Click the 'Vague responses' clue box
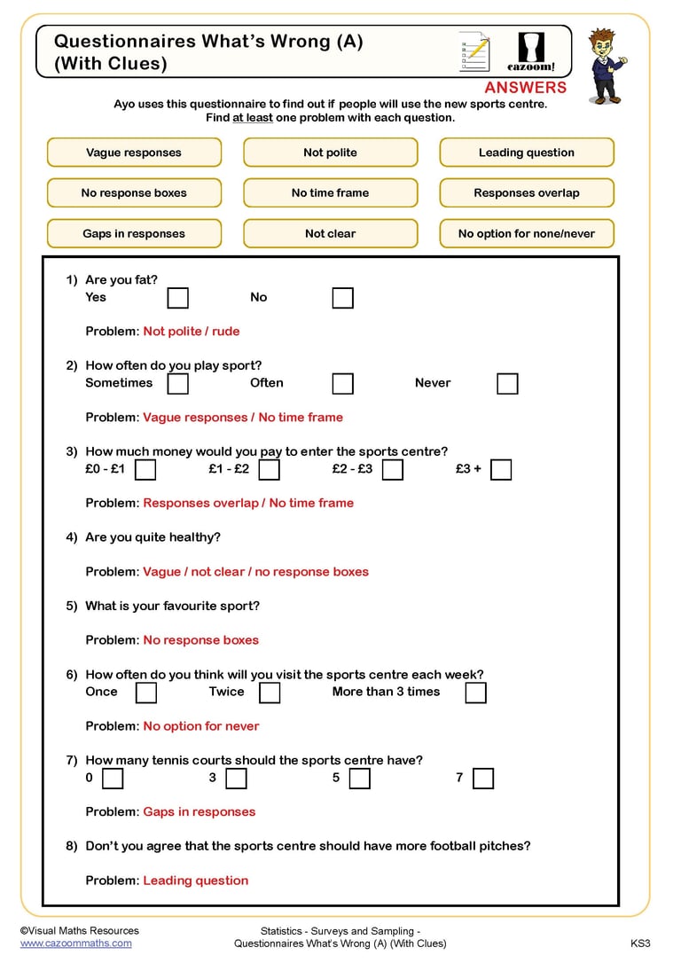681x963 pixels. pos(134,153)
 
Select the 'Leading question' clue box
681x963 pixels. pos(527,153)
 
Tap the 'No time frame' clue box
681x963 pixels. pos(330,192)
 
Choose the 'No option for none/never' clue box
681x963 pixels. pos(527,233)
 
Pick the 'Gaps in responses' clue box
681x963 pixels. pos(134,233)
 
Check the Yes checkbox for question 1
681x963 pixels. pos(178,298)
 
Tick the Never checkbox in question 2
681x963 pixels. pos(507,384)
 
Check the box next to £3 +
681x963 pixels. pos(501,470)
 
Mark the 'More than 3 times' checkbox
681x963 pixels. pos(476,693)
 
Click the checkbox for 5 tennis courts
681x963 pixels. pos(359,779)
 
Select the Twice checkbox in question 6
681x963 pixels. pos(270,693)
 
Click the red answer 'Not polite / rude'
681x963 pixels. pos(192,332)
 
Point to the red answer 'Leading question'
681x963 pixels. pos(196,881)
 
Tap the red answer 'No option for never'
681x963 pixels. pos(201,726)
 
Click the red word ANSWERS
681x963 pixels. pos(525,87)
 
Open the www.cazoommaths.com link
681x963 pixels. pos(75,943)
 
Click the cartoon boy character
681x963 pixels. pos(607,67)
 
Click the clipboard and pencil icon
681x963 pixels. pos(474,51)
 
